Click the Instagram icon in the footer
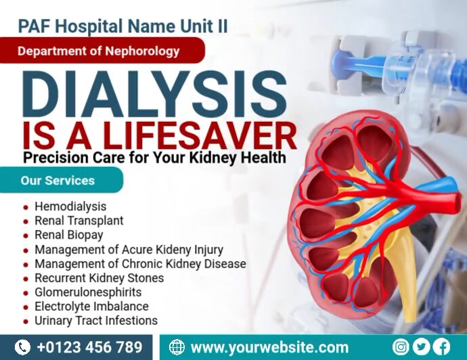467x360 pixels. tap(401, 347)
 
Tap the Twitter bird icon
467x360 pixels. tap(422, 347)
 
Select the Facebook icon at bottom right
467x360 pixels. tap(441, 347)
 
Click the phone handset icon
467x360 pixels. tap(22, 348)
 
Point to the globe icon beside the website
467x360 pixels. tap(177, 348)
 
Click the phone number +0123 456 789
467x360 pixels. tap(89, 348)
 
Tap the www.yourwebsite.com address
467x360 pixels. tap(269, 348)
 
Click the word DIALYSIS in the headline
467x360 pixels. tap(155, 95)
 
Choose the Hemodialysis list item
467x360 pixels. tap(70, 206)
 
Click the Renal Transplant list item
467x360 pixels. tap(79, 221)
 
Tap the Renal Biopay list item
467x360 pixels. tap(68, 235)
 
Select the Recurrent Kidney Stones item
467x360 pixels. tap(99, 278)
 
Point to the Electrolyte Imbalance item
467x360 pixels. tap(91, 307)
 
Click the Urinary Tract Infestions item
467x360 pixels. tap(95, 321)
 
